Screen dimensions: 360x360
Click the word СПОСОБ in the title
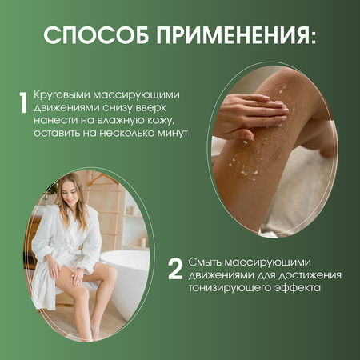tap(96, 35)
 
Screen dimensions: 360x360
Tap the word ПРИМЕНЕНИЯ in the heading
tap(230, 35)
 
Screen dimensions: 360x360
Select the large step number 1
tap(24, 102)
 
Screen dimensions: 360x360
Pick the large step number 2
tap(175, 269)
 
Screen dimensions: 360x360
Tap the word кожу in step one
tap(161, 121)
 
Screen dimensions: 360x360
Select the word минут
tap(173, 133)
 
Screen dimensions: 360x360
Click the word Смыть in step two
tap(205, 262)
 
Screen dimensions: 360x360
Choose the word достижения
tap(310, 275)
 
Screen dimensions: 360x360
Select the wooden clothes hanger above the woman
tap(102, 179)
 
